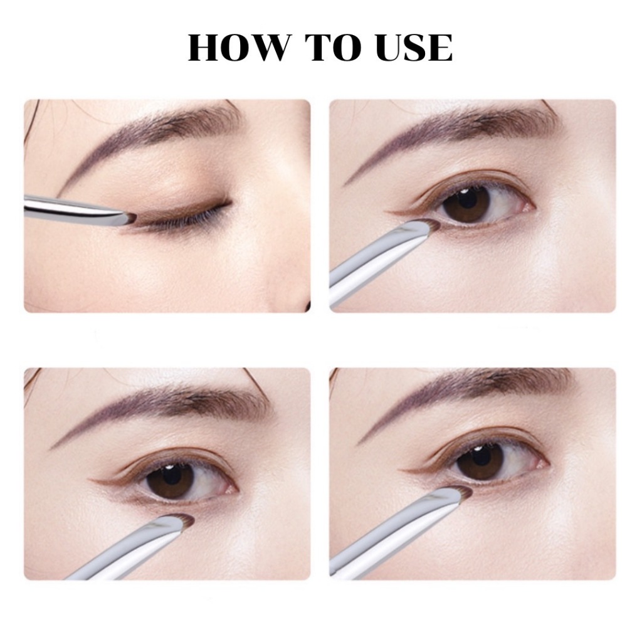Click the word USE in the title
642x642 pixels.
coord(414,48)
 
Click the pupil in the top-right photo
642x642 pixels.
coord(466,202)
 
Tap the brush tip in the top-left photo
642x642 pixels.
coord(130,219)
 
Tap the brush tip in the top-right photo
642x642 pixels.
coord(431,225)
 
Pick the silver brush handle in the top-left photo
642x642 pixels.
coord(74,209)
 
